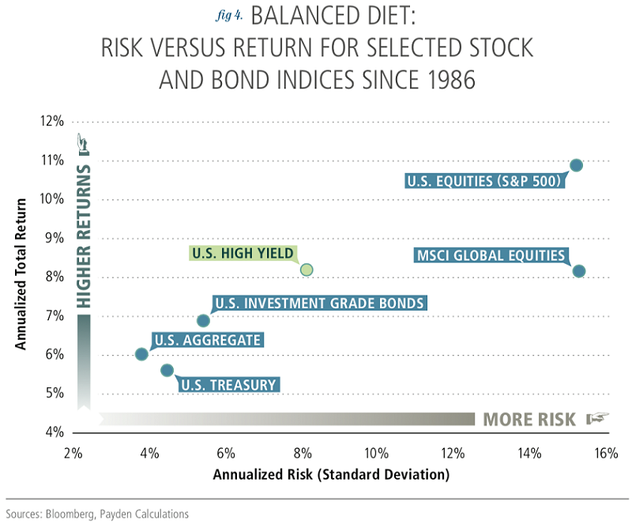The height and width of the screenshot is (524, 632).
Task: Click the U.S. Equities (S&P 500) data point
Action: click(576, 165)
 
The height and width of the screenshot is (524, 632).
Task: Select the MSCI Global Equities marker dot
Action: click(578, 271)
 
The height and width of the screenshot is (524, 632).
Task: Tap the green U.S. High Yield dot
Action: click(307, 270)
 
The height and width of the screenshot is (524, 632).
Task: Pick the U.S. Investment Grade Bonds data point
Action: click(203, 320)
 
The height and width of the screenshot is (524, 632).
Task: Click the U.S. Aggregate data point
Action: click(141, 354)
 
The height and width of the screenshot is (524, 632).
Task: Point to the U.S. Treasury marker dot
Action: click(167, 370)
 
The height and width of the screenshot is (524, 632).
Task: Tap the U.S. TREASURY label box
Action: click(228, 386)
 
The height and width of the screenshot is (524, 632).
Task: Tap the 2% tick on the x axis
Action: click(73, 454)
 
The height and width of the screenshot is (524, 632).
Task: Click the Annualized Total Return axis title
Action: click(23, 273)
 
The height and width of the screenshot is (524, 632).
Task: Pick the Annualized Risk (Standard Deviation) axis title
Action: click(331, 475)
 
